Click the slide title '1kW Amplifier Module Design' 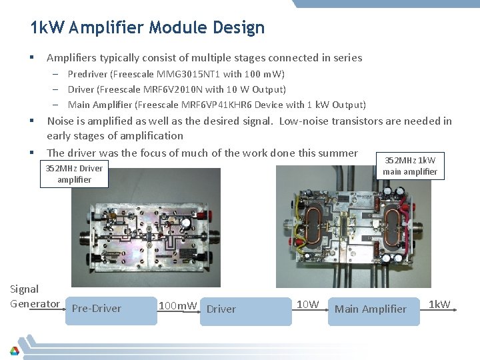[x=147, y=28]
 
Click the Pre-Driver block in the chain [x=97, y=309]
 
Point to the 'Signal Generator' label [x=35, y=297]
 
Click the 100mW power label [x=177, y=305]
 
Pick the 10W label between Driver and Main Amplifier [x=307, y=305]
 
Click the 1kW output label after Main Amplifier [x=439, y=305]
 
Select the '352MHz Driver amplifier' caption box [x=74, y=174]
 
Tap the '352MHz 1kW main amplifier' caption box [x=410, y=166]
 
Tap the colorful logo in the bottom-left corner [x=14, y=351]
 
